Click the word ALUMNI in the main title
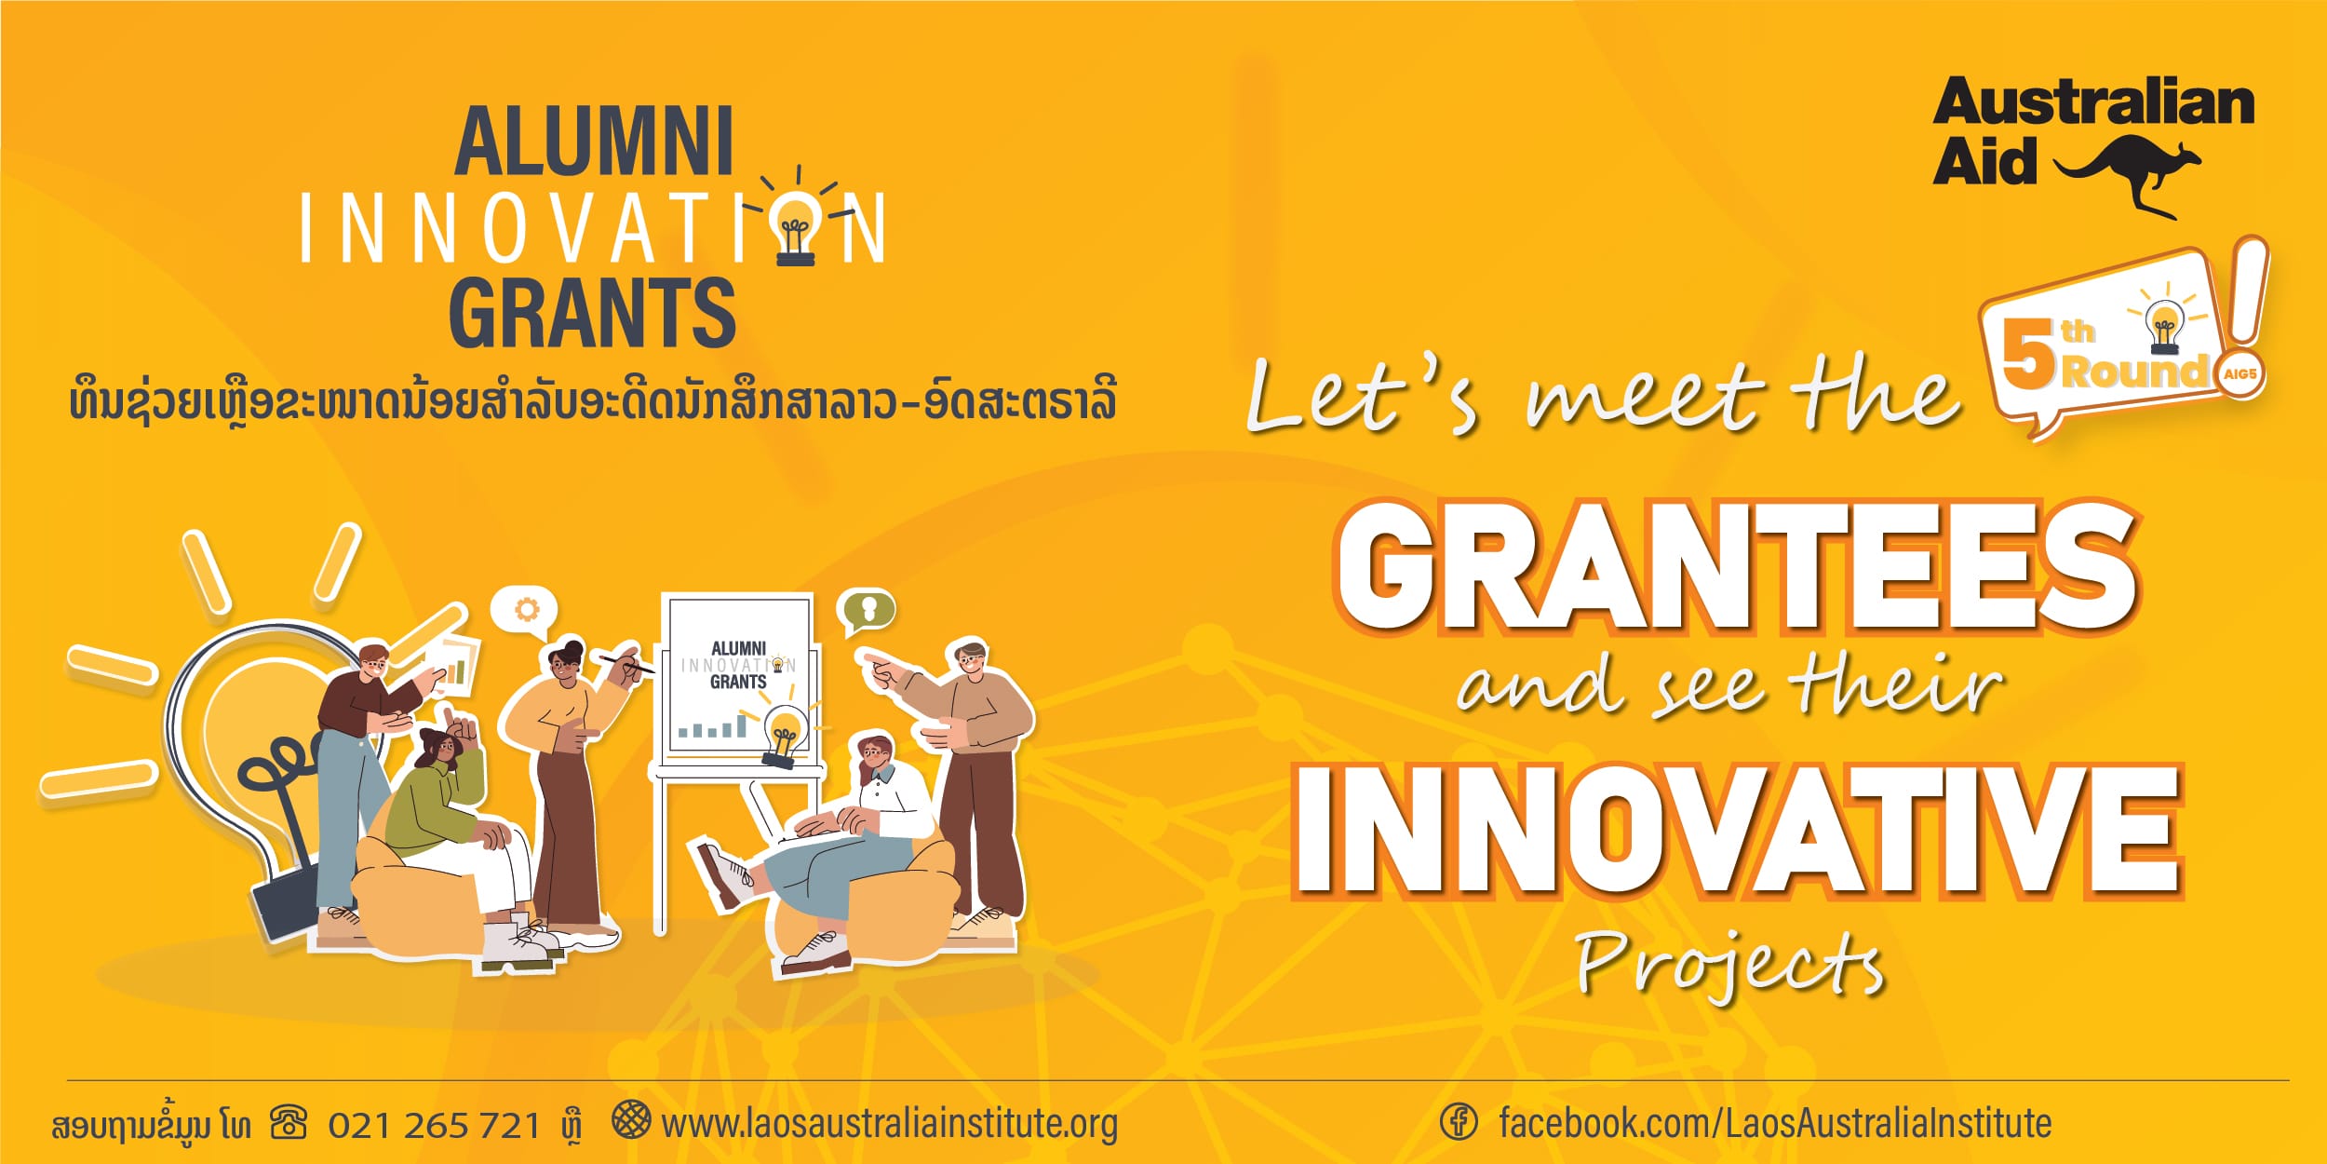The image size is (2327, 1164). [x=595, y=142]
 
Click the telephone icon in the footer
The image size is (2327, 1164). [x=289, y=1122]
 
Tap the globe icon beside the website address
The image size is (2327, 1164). [x=631, y=1119]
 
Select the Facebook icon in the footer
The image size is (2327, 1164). [x=1459, y=1121]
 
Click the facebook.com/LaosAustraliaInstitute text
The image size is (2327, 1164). [x=1775, y=1123]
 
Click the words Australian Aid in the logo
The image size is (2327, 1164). [x=2094, y=131]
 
